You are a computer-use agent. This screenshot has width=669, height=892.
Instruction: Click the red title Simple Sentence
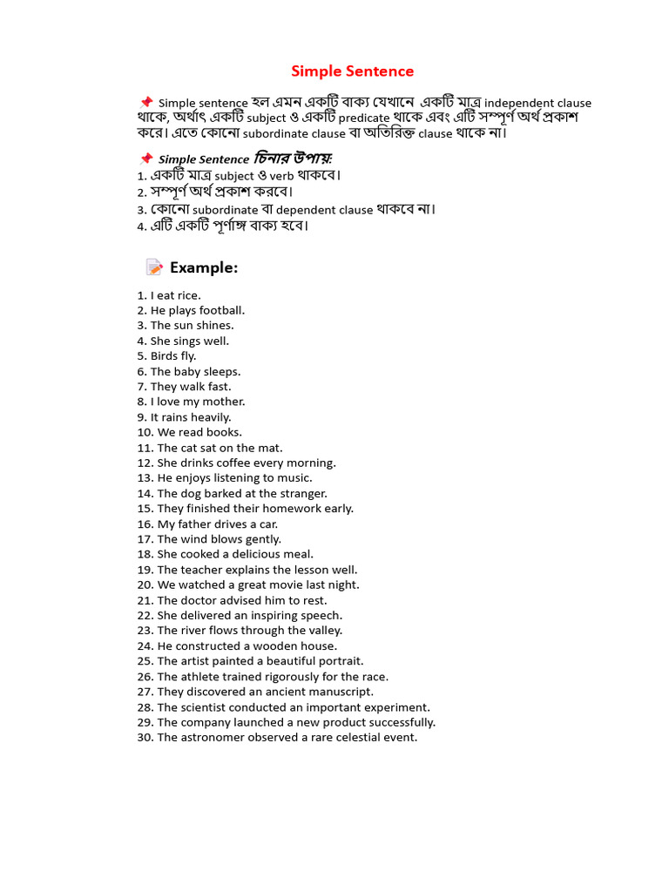pyautogui.click(x=352, y=71)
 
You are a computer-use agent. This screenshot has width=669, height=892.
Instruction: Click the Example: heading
pyautogui.click(x=204, y=267)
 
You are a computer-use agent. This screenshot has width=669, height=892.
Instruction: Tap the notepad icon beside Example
pyautogui.click(x=154, y=267)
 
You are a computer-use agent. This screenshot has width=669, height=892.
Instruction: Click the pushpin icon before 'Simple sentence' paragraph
pyautogui.click(x=145, y=102)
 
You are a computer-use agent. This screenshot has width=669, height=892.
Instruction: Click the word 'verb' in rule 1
pyautogui.click(x=281, y=176)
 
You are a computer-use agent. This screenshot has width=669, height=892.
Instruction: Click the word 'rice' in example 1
pyautogui.click(x=188, y=295)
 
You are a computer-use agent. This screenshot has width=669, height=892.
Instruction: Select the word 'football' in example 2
pyautogui.click(x=222, y=310)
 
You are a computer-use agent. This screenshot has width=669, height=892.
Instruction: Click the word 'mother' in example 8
pyautogui.click(x=225, y=402)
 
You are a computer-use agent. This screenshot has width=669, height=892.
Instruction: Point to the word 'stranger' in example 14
pyautogui.click(x=301, y=493)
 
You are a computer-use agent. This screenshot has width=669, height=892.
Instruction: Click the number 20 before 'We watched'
pyautogui.click(x=145, y=585)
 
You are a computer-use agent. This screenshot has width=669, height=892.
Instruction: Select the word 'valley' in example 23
pyautogui.click(x=322, y=631)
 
